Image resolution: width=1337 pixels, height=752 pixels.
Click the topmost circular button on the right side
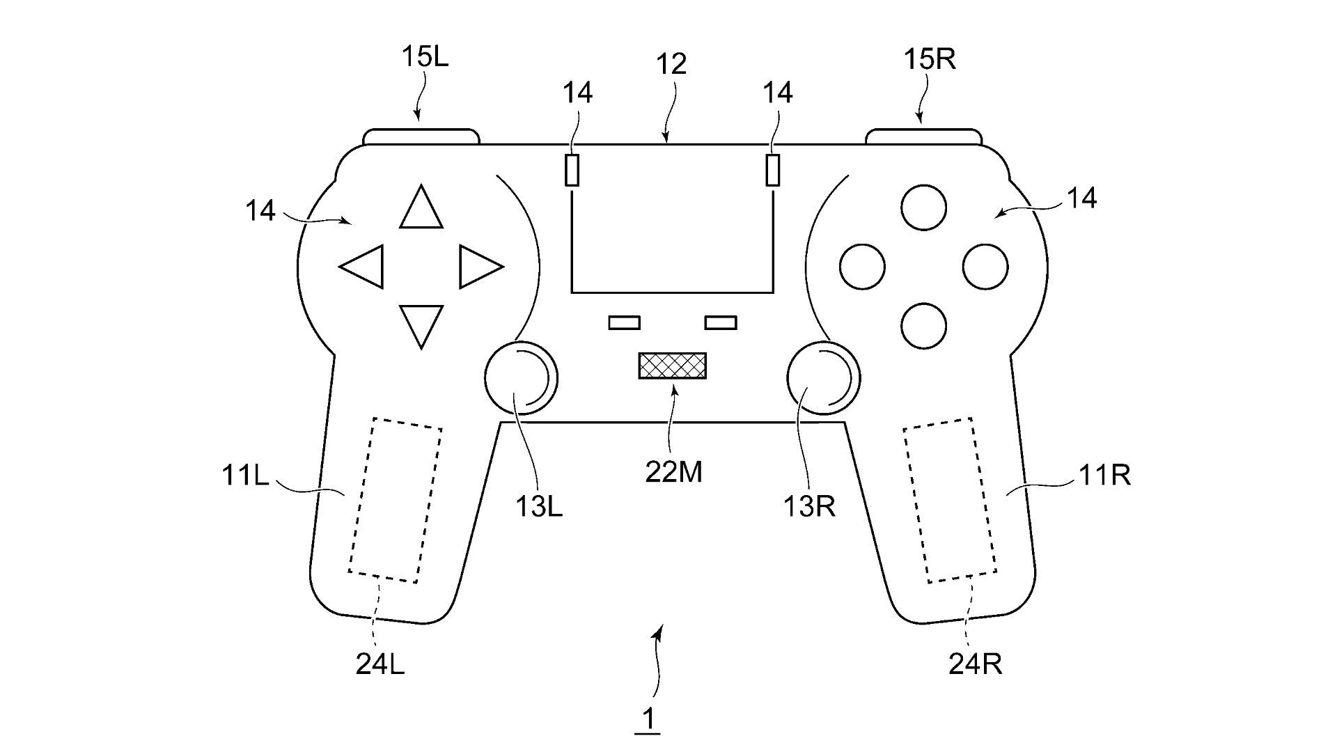(923, 207)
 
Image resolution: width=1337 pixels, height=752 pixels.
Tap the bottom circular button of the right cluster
(923, 325)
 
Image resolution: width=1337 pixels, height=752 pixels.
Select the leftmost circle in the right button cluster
(863, 266)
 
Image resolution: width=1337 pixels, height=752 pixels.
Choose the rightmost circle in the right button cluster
(985, 266)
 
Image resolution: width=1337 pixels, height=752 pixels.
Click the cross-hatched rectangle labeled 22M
(672, 366)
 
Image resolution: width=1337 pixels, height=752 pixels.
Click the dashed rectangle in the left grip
(395, 500)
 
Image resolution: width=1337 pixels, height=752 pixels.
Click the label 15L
(425, 57)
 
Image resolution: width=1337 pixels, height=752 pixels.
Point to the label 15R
(929, 60)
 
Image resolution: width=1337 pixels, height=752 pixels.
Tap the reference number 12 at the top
(671, 64)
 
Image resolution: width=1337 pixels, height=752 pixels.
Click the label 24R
(975, 664)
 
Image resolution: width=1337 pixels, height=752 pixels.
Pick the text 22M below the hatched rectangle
(673, 473)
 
